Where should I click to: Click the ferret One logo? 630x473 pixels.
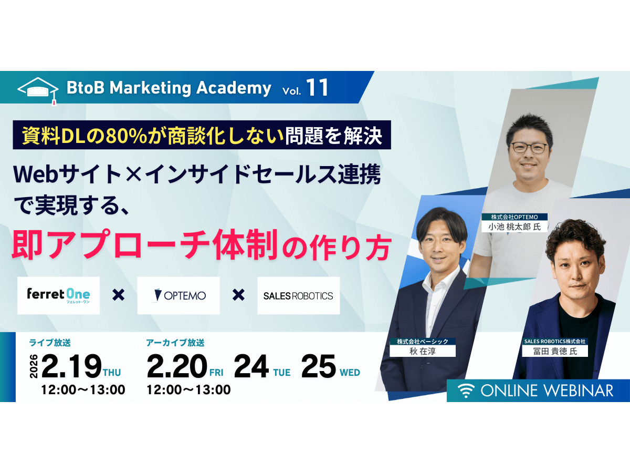[58, 295]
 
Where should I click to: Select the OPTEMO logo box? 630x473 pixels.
[178, 295]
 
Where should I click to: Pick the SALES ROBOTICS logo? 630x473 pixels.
[298, 295]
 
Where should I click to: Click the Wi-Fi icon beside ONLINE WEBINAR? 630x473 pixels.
[464, 390]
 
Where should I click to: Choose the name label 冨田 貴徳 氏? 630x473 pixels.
[554, 351]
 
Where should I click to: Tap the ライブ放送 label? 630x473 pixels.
[50, 343]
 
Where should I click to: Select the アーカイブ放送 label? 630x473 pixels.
[175, 343]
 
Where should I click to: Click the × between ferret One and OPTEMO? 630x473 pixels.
[119, 295]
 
